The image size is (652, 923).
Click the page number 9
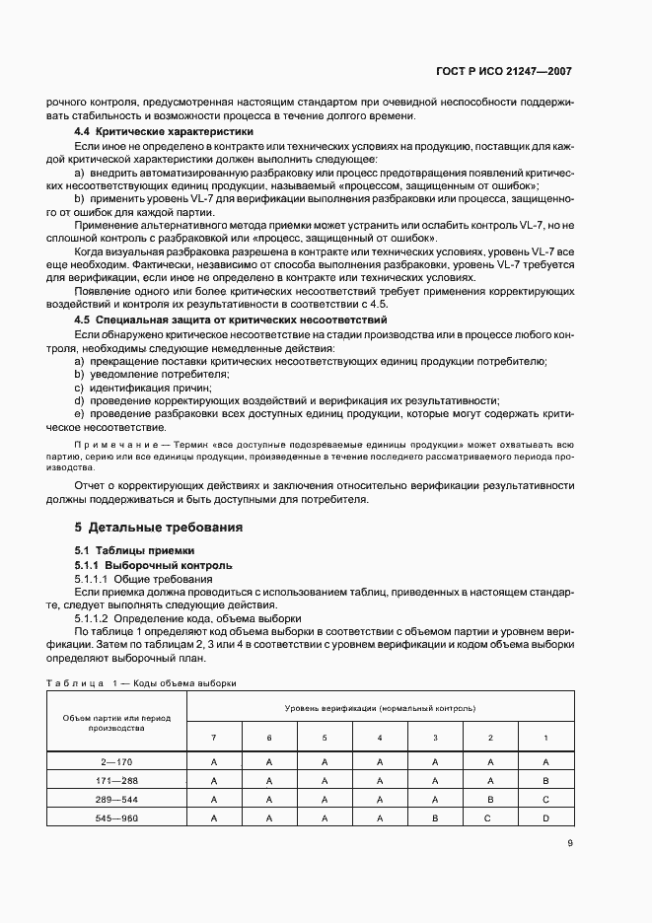[570, 842]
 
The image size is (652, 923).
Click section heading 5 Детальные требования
[159, 527]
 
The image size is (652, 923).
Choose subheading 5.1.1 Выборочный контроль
[154, 565]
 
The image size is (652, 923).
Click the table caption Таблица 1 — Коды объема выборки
[141, 682]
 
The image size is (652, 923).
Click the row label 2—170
[116, 761]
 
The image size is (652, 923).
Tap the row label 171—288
[116, 780]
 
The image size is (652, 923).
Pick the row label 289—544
[116, 799]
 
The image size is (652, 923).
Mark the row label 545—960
[116, 817]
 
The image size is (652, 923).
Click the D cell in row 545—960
[545, 817]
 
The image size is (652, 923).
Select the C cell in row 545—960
[490, 817]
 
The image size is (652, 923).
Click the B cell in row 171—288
[545, 780]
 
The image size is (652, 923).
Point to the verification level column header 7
[214, 738]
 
